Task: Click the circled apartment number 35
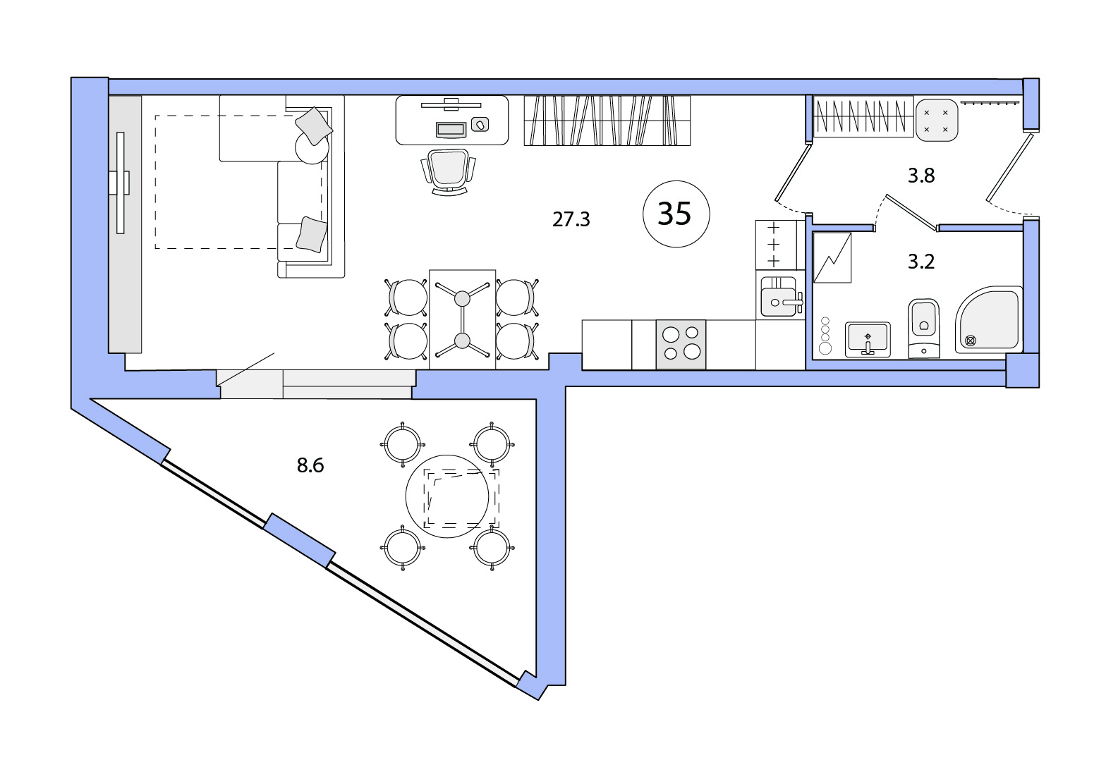pos(676,214)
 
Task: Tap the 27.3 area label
pos(571,219)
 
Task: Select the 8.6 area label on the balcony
pos(310,465)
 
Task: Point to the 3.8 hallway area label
pos(921,176)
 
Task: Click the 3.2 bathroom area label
pos(921,262)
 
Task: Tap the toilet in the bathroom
pos(923,328)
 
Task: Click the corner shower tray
pos(989,319)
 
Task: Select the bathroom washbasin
pos(868,339)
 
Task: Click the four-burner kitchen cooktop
pos(681,344)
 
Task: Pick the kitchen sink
pos(779,297)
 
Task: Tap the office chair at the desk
pos(448,171)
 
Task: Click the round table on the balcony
pos(446,496)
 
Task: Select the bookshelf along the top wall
pos(607,121)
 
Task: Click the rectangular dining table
pos(462,319)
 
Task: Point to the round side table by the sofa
pos(312,147)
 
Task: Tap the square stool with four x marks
pos(936,120)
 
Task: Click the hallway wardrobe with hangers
pos(863,116)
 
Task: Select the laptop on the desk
pos(451,130)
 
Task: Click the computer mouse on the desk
pos(480,124)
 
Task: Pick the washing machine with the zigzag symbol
pos(832,257)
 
